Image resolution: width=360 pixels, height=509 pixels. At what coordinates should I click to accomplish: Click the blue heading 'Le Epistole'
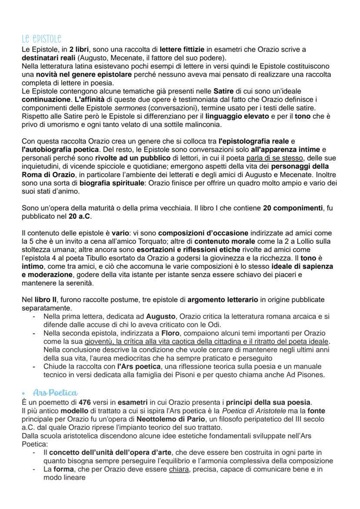42,39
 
